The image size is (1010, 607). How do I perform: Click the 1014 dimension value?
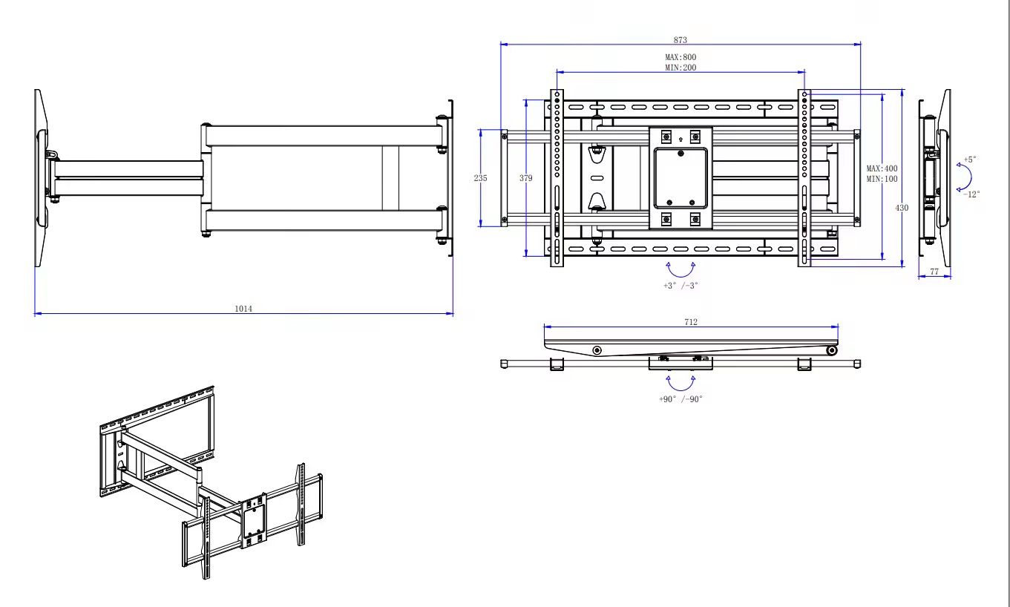click(x=243, y=309)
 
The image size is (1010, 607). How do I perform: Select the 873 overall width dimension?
click(x=680, y=39)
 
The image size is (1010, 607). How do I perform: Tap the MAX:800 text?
click(x=681, y=57)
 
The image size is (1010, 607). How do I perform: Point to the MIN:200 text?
click(x=681, y=68)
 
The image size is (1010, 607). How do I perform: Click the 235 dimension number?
click(x=480, y=178)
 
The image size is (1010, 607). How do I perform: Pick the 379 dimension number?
click(x=525, y=178)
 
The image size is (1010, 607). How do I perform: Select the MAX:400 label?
click(x=882, y=168)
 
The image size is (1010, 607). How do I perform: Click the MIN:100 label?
click(x=882, y=179)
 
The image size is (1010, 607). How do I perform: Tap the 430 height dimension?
click(x=902, y=208)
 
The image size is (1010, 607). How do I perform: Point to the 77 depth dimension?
click(x=934, y=272)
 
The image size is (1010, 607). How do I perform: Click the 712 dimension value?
click(x=690, y=322)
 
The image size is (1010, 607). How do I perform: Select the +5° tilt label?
click(x=970, y=160)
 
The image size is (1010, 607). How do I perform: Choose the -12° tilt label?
click(x=971, y=194)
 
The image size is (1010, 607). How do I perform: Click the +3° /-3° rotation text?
click(x=681, y=286)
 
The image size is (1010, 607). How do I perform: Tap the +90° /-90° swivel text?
click(x=681, y=399)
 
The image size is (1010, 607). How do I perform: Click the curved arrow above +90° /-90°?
click(x=681, y=390)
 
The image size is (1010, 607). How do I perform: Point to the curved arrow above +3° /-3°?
click(x=681, y=276)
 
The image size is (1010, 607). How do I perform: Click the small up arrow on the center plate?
click(x=681, y=140)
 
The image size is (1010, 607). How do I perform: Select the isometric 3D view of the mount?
click(x=211, y=482)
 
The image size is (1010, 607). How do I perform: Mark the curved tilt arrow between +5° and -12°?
click(x=971, y=177)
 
